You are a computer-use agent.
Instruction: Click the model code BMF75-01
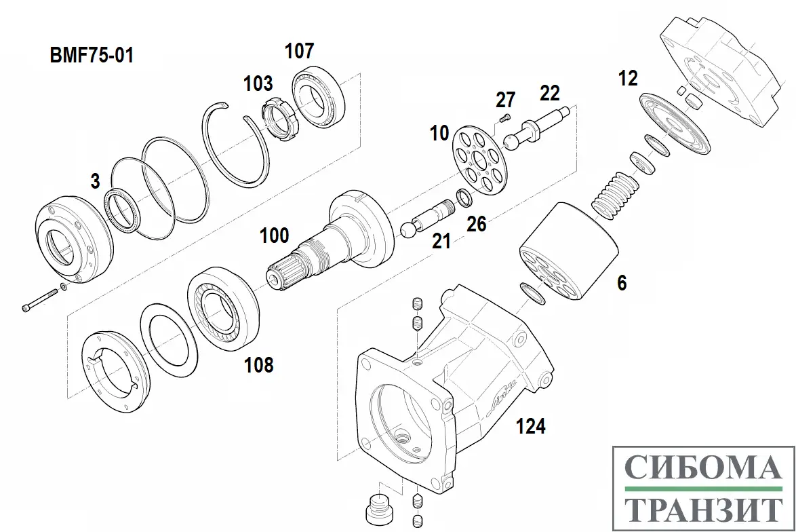92,55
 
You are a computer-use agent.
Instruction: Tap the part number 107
299,50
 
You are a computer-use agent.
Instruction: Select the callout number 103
258,83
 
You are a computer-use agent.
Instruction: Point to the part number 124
530,426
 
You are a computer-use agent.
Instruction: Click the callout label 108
259,365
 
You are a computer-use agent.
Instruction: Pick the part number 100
275,236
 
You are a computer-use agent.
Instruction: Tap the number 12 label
628,79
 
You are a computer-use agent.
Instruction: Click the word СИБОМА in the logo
700,468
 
